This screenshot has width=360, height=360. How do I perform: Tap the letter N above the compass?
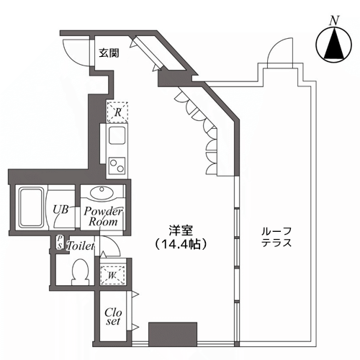pos(334,20)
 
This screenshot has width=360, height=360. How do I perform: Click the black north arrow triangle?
pos(334,43)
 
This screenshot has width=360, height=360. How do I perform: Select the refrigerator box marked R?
pos(117,112)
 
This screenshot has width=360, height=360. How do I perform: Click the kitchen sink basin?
pos(117,135)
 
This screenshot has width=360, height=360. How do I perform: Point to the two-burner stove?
pos(117,166)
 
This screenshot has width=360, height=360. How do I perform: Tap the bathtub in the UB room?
pos(31,207)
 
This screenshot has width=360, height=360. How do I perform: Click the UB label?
pos(60,210)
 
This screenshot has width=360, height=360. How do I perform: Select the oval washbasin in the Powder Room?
pos(102,193)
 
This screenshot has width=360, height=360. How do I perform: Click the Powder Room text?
pos(103,217)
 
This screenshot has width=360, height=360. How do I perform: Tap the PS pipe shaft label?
pos(60,242)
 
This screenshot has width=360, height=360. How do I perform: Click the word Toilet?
pos(81,246)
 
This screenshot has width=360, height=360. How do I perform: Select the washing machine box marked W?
pos(113,275)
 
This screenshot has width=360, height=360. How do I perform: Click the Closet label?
pos(113,317)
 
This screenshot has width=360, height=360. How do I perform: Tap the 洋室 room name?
pos(181,231)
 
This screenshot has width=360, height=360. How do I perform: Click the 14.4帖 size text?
pos(181,244)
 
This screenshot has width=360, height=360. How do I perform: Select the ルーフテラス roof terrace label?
pos(276,237)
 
